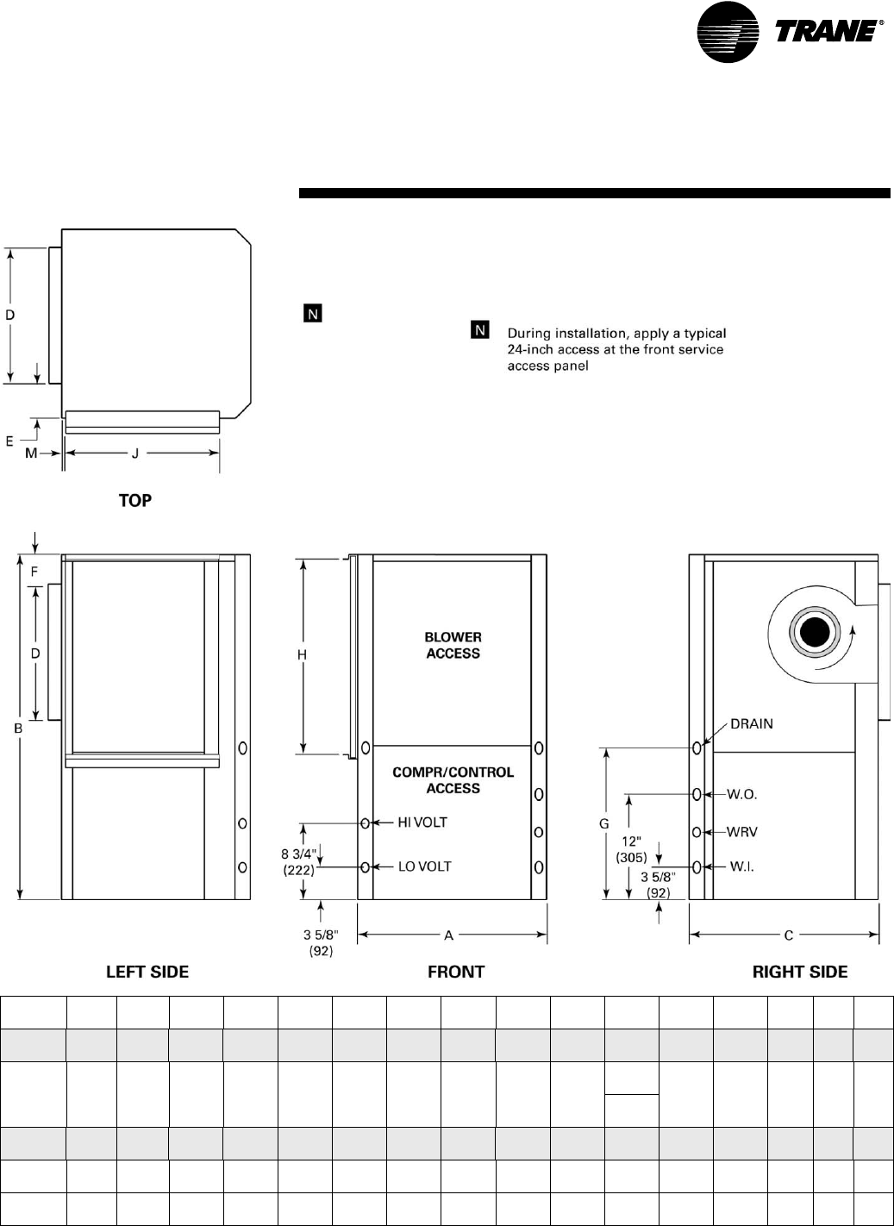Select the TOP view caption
pyautogui.click(x=135, y=500)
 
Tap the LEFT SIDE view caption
pyautogui.click(x=147, y=972)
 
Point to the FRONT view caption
pyautogui.click(x=456, y=972)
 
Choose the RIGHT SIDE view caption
pyautogui.click(x=800, y=972)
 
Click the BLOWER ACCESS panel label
pyautogui.click(x=453, y=645)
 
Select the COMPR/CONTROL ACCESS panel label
pyautogui.click(x=453, y=780)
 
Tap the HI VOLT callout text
pyautogui.click(x=422, y=823)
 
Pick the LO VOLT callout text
pyautogui.click(x=424, y=866)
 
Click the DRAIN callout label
pyautogui.click(x=752, y=723)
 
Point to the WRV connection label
pyautogui.click(x=742, y=832)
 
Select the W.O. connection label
pyautogui.click(x=742, y=794)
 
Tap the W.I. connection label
pyautogui.click(x=741, y=866)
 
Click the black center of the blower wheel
pyautogui.click(x=812, y=635)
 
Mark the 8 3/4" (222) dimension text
pyautogui.click(x=299, y=862)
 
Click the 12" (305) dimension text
pyautogui.click(x=632, y=849)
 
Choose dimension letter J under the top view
pyautogui.click(x=135, y=453)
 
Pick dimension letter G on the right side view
pyautogui.click(x=604, y=824)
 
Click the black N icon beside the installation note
pyautogui.click(x=480, y=330)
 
